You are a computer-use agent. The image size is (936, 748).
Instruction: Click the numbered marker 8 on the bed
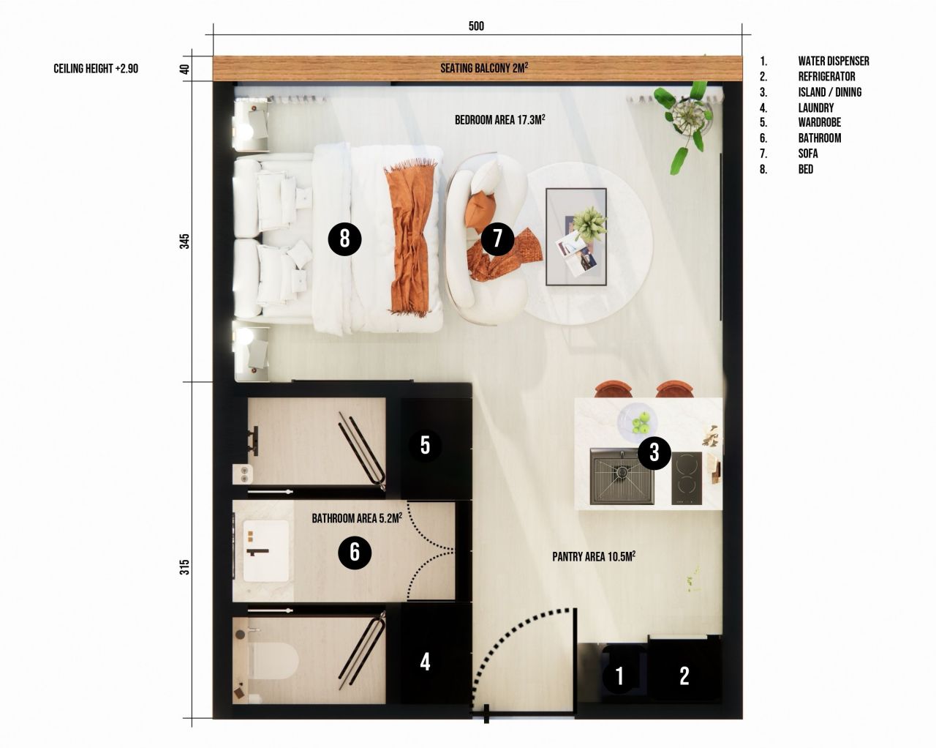pyautogui.click(x=344, y=239)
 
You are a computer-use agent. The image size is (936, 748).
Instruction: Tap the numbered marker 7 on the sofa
pyautogui.click(x=498, y=238)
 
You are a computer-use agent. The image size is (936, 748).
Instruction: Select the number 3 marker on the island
pyautogui.click(x=654, y=453)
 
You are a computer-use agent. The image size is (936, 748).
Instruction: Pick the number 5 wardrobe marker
pyautogui.click(x=425, y=445)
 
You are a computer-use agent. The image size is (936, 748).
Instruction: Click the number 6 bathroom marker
pyautogui.click(x=355, y=551)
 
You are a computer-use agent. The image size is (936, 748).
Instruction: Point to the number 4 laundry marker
pyautogui.click(x=425, y=662)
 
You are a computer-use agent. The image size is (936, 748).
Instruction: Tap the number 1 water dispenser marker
pyautogui.click(x=619, y=676)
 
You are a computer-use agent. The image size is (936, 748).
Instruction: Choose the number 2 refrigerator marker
pyautogui.click(x=684, y=676)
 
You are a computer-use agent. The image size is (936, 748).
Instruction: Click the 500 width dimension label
pyautogui.click(x=476, y=26)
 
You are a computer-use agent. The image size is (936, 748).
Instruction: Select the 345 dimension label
pyautogui.click(x=185, y=242)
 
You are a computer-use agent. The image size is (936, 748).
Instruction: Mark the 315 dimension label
pyautogui.click(x=185, y=566)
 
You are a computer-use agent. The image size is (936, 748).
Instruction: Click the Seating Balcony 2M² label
pyautogui.click(x=484, y=68)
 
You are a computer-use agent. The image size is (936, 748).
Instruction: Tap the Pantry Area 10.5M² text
pyautogui.click(x=593, y=556)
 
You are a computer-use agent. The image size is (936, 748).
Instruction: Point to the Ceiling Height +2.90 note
pyautogui.click(x=96, y=69)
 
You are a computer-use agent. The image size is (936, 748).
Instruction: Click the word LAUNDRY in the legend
pyautogui.click(x=815, y=108)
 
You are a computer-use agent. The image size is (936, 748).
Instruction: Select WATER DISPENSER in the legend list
pyautogui.click(x=834, y=61)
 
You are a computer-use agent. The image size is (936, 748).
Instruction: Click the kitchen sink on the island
pyautogui.click(x=622, y=476)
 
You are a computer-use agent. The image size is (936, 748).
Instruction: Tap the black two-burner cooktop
pyautogui.click(x=687, y=478)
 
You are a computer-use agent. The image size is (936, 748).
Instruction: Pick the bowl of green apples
pyautogui.click(x=638, y=422)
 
